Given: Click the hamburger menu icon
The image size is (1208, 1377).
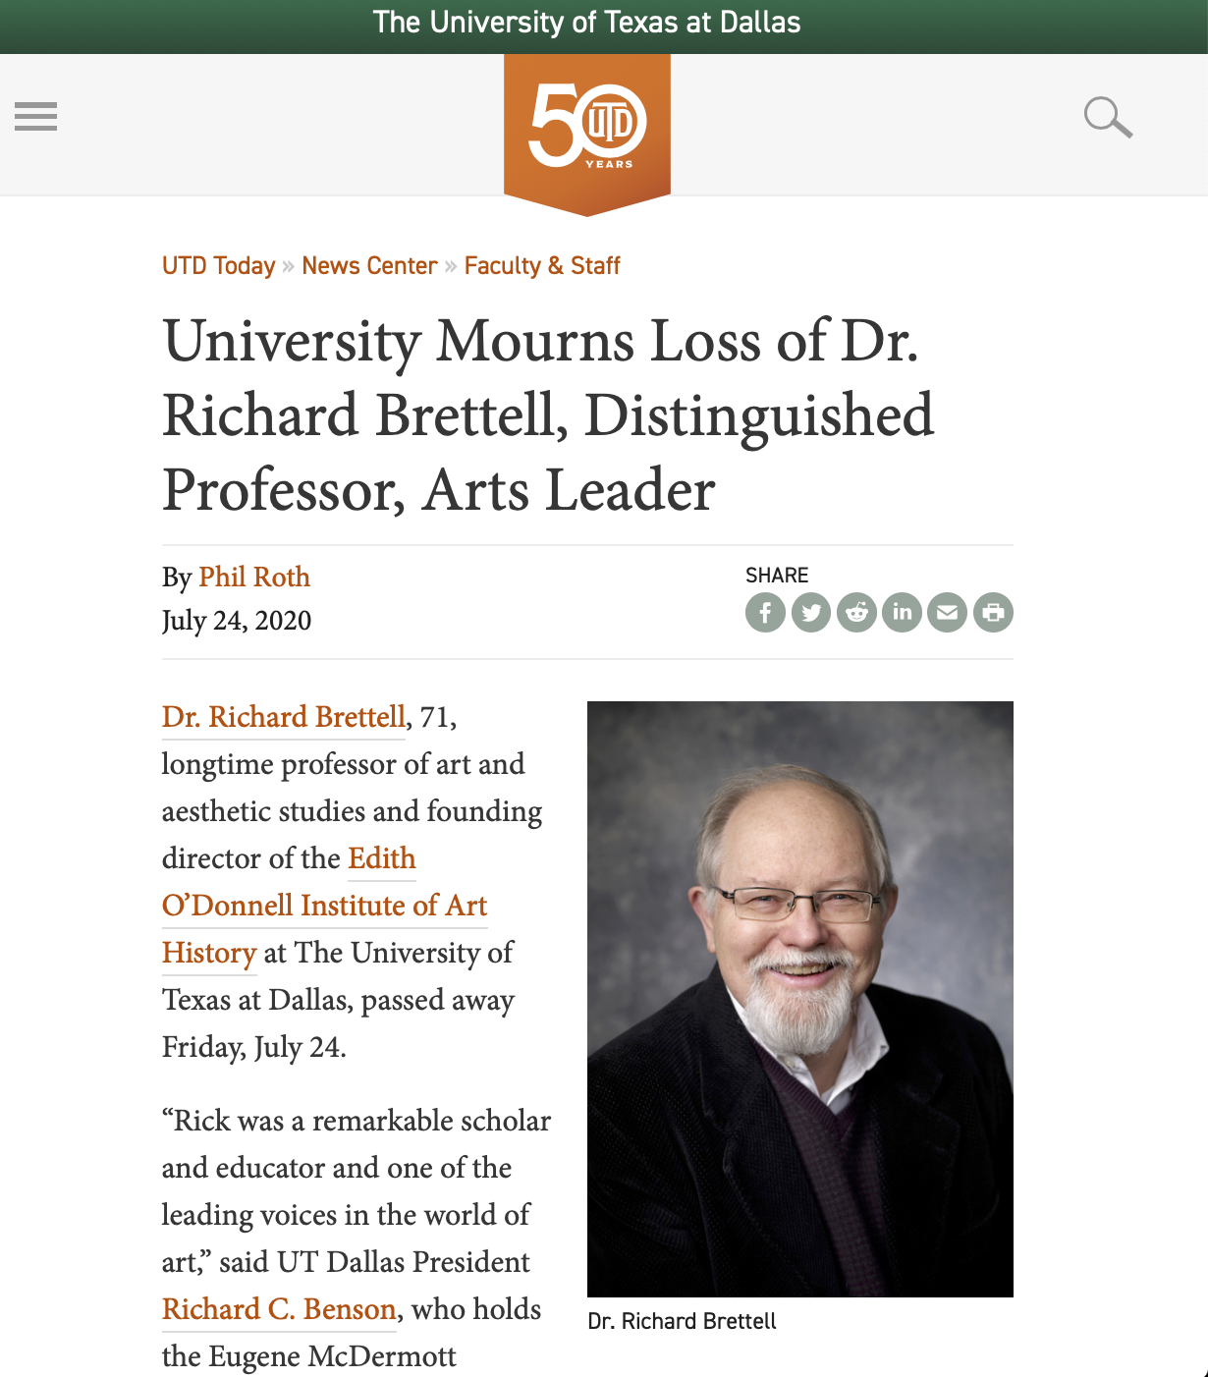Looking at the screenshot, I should tap(36, 116).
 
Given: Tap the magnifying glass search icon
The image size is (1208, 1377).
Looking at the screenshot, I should tap(1107, 117).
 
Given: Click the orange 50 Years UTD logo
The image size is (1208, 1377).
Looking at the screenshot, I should tap(587, 128).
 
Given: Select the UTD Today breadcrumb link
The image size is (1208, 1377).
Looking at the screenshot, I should tap(218, 266).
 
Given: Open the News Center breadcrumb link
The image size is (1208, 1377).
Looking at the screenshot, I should tap(369, 266).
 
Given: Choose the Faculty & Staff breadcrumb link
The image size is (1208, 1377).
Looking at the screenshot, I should tap(542, 266).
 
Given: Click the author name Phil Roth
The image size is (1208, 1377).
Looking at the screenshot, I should tap(254, 577).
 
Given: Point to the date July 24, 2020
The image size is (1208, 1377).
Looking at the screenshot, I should tap(237, 621).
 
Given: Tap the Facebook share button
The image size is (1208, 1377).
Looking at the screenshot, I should tap(765, 613).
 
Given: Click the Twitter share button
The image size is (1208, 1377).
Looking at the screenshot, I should tap(811, 613).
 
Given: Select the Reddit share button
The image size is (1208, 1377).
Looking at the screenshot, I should tap(856, 613).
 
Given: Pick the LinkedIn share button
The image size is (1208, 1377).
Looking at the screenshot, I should tap(902, 613).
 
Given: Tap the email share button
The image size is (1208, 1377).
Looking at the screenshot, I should tap(948, 613).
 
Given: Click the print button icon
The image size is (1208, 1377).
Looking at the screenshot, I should tap(993, 613).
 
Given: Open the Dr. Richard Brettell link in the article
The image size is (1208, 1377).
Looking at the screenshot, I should tap(283, 717).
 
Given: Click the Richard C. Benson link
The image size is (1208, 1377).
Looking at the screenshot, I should tap(279, 1309).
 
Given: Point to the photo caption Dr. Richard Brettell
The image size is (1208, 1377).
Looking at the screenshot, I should tap(682, 1322).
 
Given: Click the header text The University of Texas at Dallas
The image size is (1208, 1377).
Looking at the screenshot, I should tap(587, 23).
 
